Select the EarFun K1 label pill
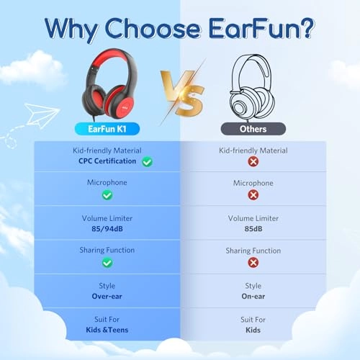[x=107, y=129]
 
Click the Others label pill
[x=253, y=129]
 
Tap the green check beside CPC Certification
[x=147, y=162]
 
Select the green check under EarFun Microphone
[x=107, y=194]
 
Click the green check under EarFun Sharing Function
[x=107, y=263]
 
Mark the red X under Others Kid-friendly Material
[x=253, y=162]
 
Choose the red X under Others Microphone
[x=253, y=194]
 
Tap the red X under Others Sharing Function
[x=253, y=263]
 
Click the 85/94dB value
[x=107, y=228]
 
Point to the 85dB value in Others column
[x=253, y=228]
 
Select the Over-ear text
[x=107, y=296]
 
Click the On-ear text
[x=253, y=296]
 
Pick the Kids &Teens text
[x=107, y=330]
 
